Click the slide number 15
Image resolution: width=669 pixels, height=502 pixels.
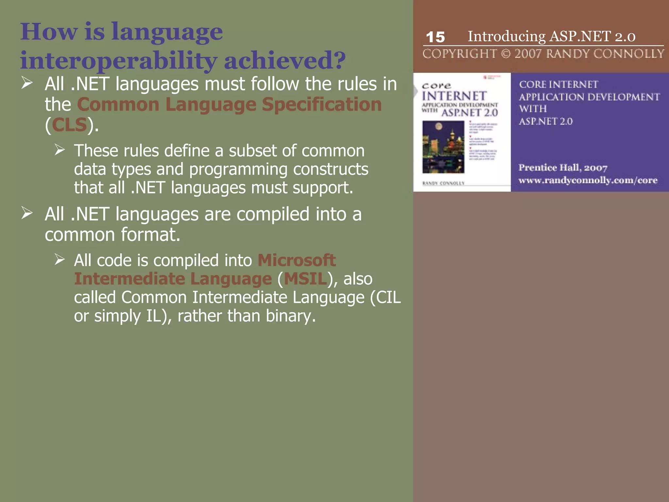coord(435,37)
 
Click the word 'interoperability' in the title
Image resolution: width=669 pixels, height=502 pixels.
coord(118,60)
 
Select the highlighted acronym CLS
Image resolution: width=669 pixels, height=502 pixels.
coord(69,125)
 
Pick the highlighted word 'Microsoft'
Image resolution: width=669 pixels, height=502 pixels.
coord(297,260)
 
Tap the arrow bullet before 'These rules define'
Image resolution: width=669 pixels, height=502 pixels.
coord(60,150)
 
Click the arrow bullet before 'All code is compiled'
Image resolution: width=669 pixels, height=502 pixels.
coord(60,260)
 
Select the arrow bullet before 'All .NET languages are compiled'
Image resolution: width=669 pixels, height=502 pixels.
coord(27,213)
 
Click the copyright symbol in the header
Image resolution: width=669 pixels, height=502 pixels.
coord(505,54)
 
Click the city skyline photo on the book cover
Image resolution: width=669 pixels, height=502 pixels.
coord(443,147)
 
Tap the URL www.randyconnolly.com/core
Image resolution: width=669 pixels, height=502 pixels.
coord(588,180)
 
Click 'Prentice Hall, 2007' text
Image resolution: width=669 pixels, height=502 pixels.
coord(563,168)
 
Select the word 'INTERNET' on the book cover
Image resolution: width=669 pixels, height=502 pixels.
coord(454,96)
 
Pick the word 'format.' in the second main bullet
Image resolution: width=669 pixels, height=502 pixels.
coord(151,235)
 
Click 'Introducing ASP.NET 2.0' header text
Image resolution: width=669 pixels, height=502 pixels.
coord(551,36)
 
